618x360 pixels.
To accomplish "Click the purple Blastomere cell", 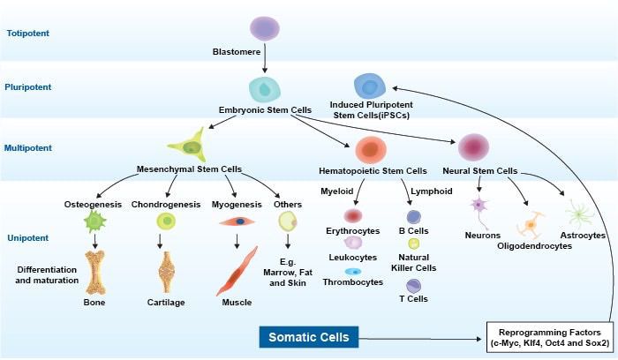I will click(264, 29).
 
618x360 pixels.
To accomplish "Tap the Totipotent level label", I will click(27, 33).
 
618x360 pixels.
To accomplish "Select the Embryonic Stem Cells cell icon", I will click(265, 87).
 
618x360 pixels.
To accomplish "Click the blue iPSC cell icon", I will click(369, 86).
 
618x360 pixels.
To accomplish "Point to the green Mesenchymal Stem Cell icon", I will click(187, 143).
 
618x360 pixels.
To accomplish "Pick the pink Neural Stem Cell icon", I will click(474, 146).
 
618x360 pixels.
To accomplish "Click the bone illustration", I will click(94, 271).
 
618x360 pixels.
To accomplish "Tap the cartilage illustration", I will click(166, 272).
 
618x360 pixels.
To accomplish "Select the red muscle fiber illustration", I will click(237, 271).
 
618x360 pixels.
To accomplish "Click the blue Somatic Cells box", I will click(309, 337).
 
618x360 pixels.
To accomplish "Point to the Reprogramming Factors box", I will click(546, 337).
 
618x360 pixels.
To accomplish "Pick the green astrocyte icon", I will click(579, 214).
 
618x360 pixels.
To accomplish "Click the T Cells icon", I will click(413, 285).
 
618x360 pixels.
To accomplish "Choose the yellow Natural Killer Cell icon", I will click(413, 244).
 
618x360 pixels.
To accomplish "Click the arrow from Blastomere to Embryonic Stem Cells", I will click(265, 62).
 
